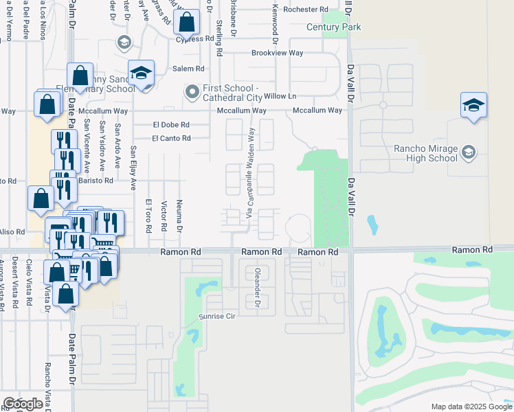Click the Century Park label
[x=334, y=27]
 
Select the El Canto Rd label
[x=171, y=138]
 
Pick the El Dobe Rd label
[x=170, y=125]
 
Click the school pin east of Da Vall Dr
[x=473, y=106]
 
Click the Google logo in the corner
[x=23, y=404]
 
